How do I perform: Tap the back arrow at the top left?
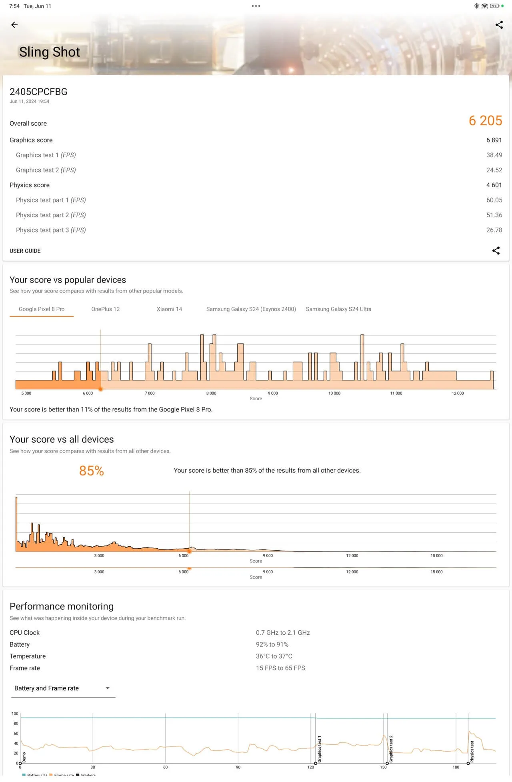point(14,25)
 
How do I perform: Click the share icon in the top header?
point(499,25)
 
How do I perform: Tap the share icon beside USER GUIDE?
point(496,251)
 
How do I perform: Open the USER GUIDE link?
point(25,251)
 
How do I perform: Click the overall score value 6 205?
point(485,121)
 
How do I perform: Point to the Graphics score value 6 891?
point(494,140)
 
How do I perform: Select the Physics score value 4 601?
point(494,185)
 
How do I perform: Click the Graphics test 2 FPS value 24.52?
point(494,170)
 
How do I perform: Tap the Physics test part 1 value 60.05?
point(494,200)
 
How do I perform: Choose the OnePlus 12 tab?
point(105,309)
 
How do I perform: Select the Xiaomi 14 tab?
point(169,309)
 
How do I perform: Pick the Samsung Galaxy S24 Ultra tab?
point(338,309)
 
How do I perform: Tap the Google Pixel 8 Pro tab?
point(42,309)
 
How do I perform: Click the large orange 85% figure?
point(92,471)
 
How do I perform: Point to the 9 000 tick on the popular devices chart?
point(273,393)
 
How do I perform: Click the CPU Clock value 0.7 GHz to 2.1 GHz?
point(283,633)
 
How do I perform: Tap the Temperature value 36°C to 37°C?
point(274,656)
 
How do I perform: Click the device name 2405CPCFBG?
point(38,92)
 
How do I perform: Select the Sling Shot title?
point(50,52)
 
